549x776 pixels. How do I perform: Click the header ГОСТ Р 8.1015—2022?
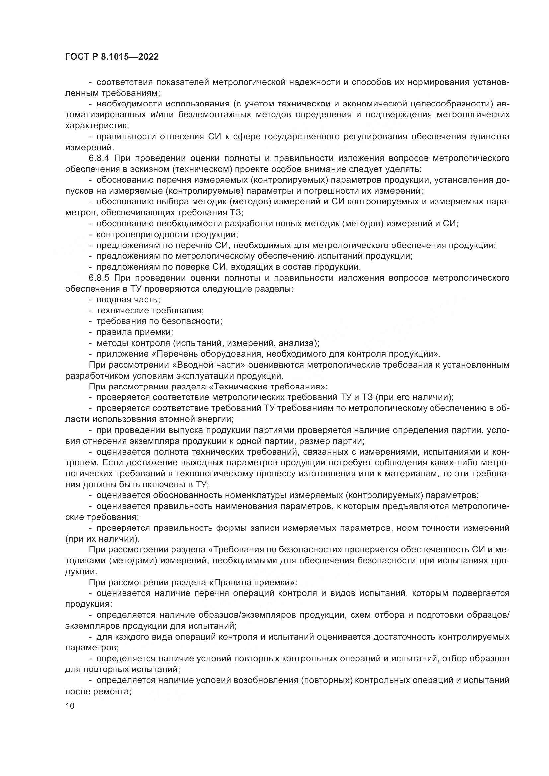(x=112, y=57)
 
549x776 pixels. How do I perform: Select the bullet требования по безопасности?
(x=159, y=321)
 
